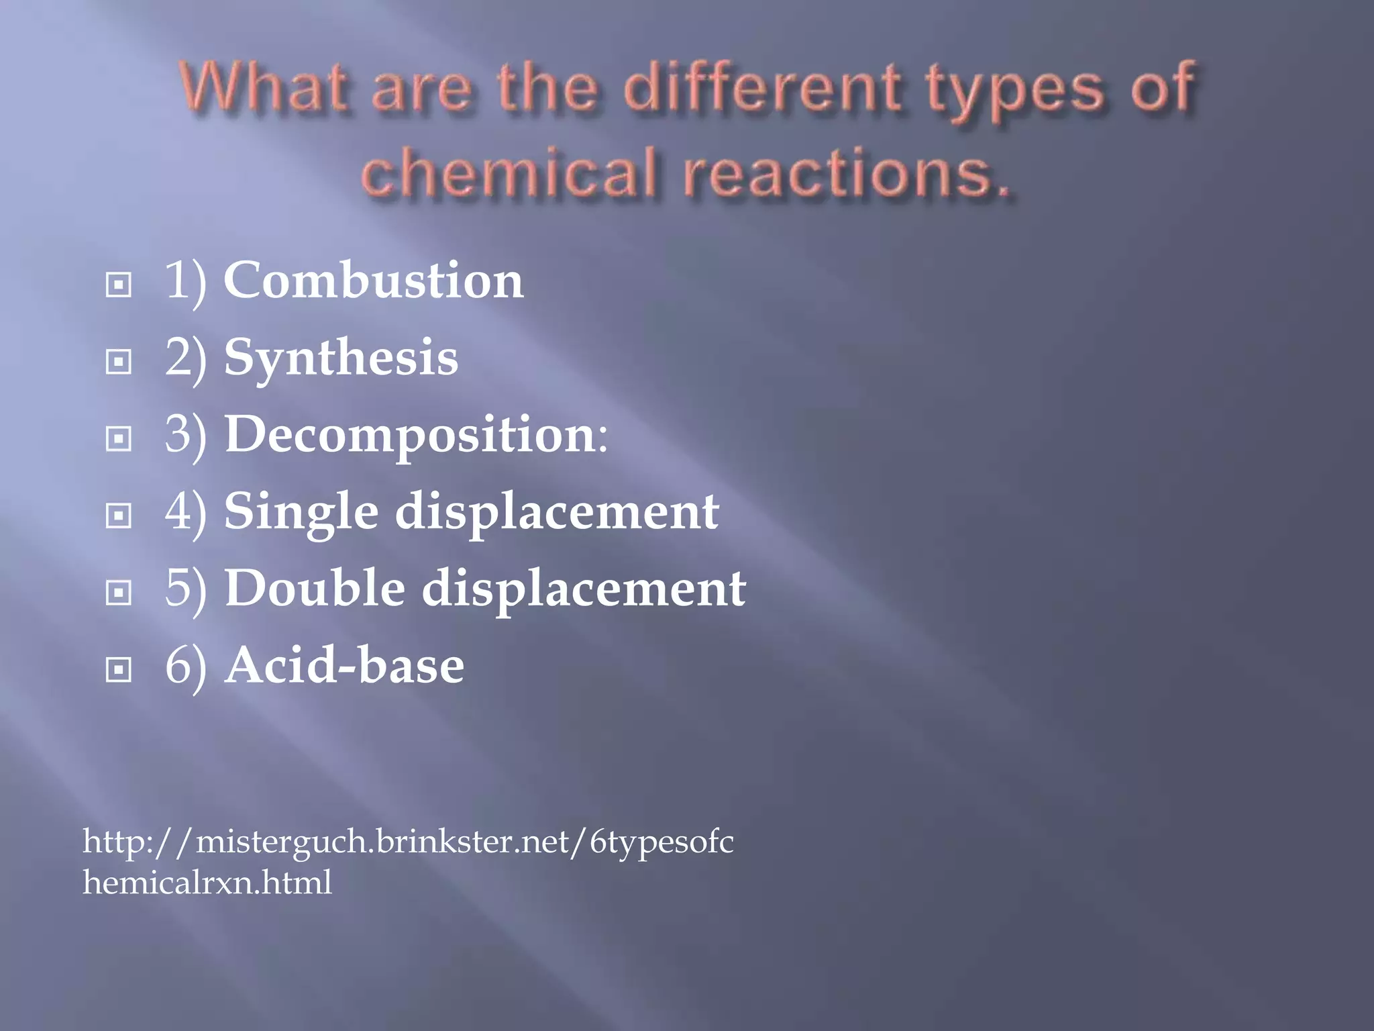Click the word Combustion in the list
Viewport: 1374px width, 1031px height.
373,281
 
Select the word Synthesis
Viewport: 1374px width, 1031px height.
341,358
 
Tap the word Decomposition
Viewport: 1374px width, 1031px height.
410,434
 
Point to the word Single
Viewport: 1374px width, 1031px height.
301,511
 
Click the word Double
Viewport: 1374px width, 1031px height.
315,589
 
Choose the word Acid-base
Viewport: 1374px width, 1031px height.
344,665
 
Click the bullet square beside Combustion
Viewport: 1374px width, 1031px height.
119,285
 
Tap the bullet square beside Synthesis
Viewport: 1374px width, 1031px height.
119,362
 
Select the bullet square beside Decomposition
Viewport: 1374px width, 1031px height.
119,439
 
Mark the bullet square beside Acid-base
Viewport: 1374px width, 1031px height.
119,670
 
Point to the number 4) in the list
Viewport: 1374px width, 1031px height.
185,513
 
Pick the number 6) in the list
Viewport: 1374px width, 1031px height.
185,667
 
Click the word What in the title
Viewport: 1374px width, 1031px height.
264,87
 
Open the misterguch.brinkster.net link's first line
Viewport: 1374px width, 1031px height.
408,841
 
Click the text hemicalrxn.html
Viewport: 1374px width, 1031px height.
207,882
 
